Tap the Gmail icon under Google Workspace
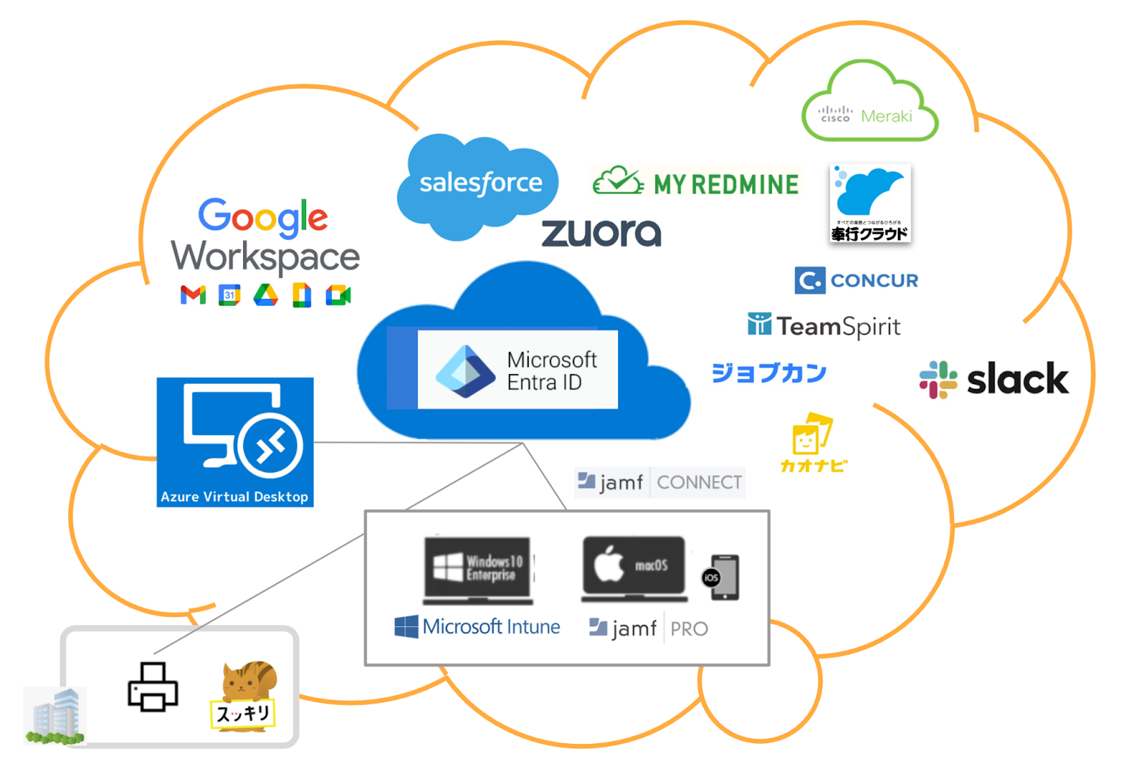(193, 295)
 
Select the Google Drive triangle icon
(266, 295)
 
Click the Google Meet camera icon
(338, 295)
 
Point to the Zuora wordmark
(601, 233)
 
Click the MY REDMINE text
(725, 185)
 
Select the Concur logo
(856, 281)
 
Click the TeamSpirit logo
(824, 326)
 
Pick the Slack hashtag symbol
(938, 379)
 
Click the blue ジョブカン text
(769, 373)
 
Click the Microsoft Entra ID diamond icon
(465, 371)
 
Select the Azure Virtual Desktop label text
(235, 497)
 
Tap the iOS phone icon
(722, 577)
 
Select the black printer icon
(152, 687)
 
